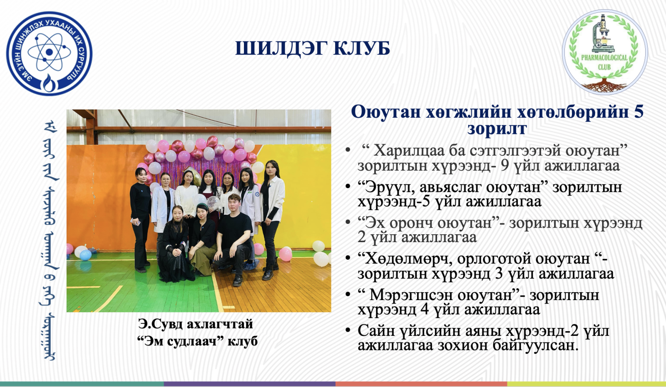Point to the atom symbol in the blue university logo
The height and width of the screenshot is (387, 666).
[x=50, y=52]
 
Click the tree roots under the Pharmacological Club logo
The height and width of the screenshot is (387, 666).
[x=604, y=85]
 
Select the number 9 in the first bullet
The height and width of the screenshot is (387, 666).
[x=504, y=165]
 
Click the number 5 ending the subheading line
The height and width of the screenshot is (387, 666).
[x=638, y=112]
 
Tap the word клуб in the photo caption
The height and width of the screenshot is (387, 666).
[x=243, y=341]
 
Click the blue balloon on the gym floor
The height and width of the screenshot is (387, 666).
[x=86, y=255]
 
